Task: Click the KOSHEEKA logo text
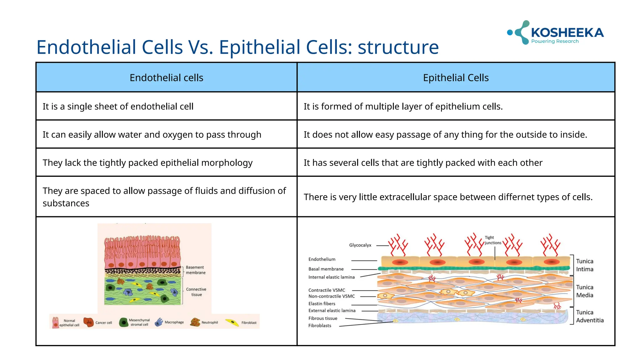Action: (x=567, y=32)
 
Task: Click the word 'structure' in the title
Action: (x=398, y=47)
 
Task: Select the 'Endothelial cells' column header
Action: (x=166, y=77)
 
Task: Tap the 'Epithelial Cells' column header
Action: (x=456, y=77)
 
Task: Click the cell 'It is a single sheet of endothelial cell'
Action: (x=118, y=107)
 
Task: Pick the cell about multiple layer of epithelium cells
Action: (x=403, y=107)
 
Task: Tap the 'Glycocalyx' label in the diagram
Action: (x=360, y=245)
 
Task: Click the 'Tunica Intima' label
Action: (x=584, y=265)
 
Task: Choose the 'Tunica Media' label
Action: (x=584, y=291)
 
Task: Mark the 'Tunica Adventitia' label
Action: (x=589, y=316)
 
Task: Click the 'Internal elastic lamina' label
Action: (x=331, y=277)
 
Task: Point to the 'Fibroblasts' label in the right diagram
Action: (x=319, y=326)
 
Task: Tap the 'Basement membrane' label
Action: (x=195, y=270)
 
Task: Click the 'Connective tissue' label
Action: (x=196, y=292)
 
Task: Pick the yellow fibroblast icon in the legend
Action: (x=232, y=322)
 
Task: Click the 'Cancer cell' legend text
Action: (x=103, y=322)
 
